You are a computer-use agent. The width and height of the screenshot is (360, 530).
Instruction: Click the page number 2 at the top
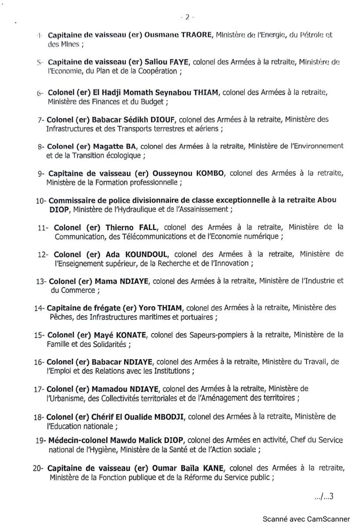coord(187,18)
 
